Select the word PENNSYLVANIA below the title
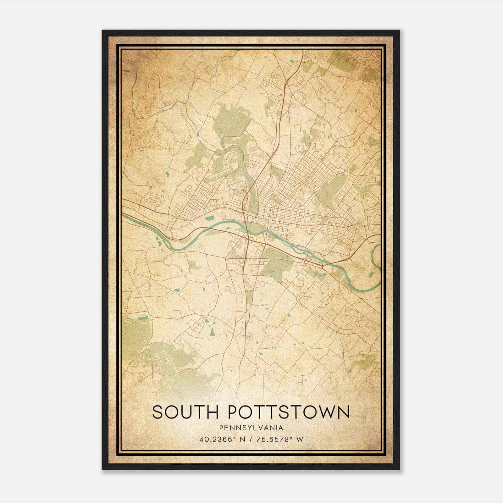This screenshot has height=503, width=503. tap(251, 428)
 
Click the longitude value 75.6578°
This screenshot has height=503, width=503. tap(271, 439)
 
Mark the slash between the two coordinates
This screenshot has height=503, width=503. tap(250, 439)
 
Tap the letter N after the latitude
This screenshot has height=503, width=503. tap(242, 439)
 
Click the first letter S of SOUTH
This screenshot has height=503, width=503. tap(158, 412)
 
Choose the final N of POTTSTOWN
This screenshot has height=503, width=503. tap(344, 412)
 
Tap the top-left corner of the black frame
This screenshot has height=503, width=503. tap(102, 31)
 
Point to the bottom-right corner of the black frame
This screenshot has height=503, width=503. tap(399, 469)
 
